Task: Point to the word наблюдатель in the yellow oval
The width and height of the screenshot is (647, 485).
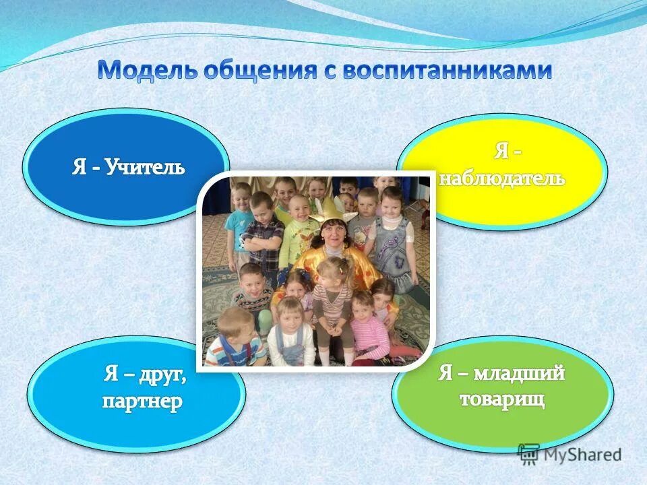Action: [x=502, y=179]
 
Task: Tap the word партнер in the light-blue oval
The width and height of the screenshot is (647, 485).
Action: [x=142, y=402]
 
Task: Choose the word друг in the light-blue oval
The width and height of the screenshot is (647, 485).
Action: [x=162, y=375]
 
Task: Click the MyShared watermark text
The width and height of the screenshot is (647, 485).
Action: [x=582, y=455]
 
